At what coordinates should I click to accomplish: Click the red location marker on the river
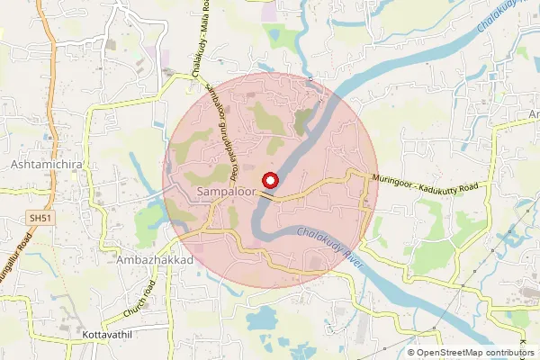tap(271, 178)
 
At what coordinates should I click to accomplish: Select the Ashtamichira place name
tap(46, 166)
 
